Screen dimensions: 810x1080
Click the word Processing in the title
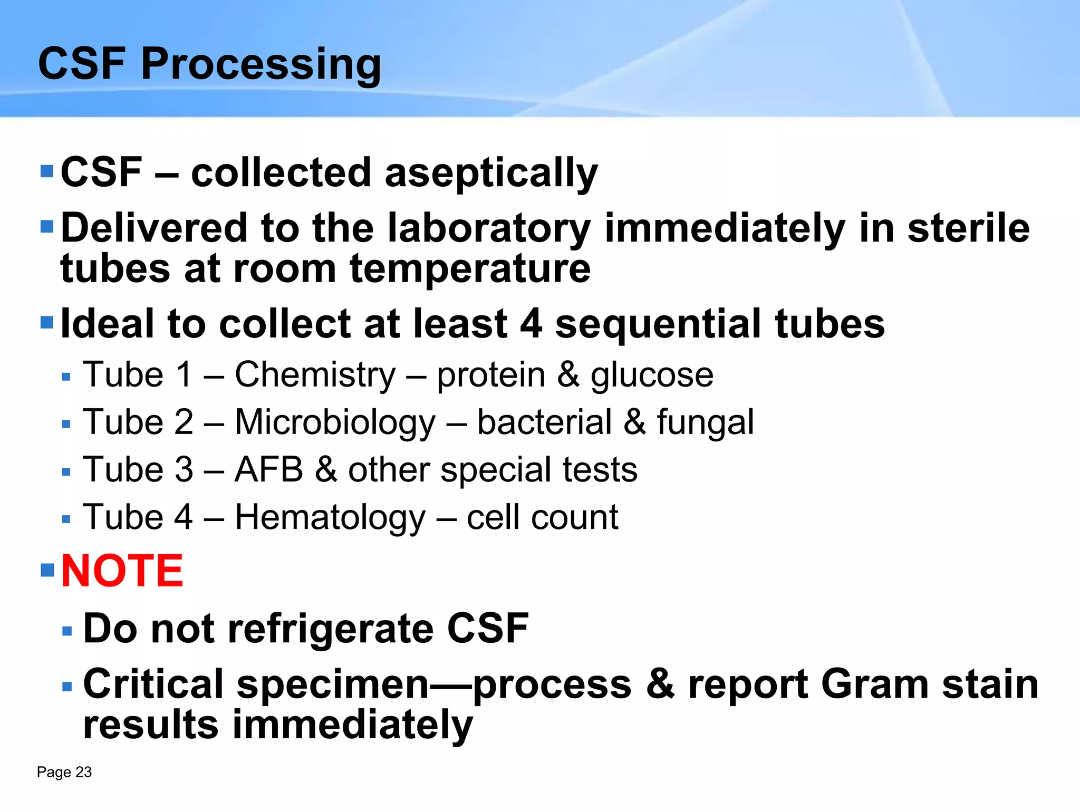[x=261, y=64]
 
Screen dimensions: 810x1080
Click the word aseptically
[x=491, y=173]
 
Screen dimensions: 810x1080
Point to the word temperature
[x=470, y=269]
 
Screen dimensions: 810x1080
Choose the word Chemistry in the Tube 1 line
[x=315, y=375]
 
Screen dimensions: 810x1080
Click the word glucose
[x=652, y=376]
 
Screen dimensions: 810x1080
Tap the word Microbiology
[x=335, y=423]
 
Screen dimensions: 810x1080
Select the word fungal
[x=705, y=423]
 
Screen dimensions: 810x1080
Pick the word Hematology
[x=330, y=518]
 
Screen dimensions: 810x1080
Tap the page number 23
[x=84, y=772]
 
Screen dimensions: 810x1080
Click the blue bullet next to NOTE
[x=47, y=570]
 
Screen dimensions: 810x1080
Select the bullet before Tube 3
[x=66, y=472]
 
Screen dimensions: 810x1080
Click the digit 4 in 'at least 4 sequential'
[x=531, y=324]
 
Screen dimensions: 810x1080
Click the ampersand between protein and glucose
[x=568, y=375]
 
